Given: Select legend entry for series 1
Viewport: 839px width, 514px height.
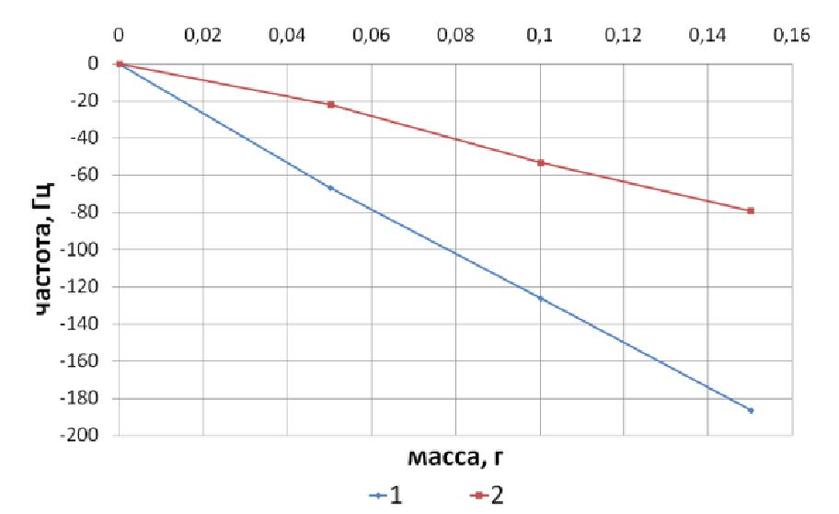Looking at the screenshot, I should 385,495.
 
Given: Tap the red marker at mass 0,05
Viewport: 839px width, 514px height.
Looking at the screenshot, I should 330,105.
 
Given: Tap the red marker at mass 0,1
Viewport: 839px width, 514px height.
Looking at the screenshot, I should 540,163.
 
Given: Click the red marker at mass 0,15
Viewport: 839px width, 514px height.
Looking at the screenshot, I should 751,211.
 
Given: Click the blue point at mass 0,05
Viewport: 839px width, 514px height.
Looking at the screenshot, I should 330,188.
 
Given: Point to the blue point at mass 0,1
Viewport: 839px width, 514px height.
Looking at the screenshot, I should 540,298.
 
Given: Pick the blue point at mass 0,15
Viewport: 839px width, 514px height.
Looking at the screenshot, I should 751,410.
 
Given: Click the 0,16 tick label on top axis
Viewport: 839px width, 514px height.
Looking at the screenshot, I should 791,36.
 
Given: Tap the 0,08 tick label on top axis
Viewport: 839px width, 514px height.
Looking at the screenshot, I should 455,36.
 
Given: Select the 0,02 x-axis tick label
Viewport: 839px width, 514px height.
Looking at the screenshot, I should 202,36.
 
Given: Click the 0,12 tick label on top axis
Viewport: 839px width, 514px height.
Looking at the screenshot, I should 624,36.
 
